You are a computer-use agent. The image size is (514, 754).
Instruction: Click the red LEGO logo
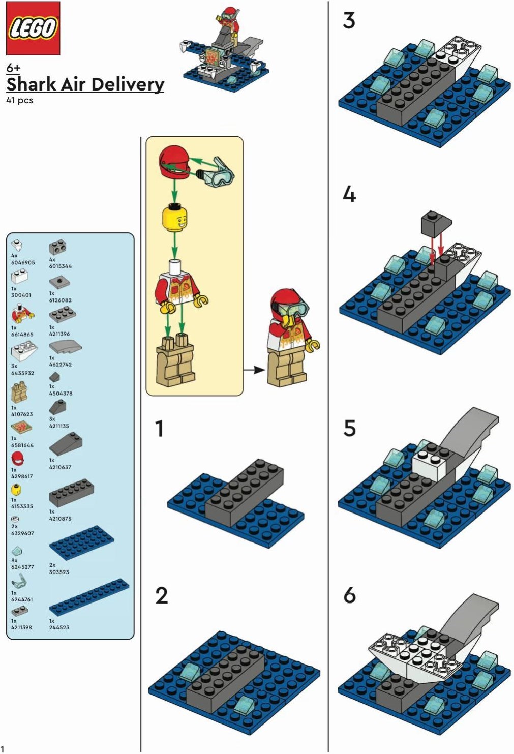click(x=33, y=28)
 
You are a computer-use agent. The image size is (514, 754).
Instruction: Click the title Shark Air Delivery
click(x=85, y=84)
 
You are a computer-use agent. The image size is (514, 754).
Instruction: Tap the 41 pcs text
click(x=19, y=100)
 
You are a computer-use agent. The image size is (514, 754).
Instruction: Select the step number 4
click(x=349, y=194)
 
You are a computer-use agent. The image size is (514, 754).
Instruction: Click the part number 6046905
click(x=23, y=262)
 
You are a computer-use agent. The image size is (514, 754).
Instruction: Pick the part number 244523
click(x=59, y=627)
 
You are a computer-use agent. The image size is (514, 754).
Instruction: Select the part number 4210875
click(x=61, y=519)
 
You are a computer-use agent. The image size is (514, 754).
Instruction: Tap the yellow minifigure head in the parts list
click(x=15, y=490)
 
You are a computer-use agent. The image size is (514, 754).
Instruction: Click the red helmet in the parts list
click(x=17, y=459)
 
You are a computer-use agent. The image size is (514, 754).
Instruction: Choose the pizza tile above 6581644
click(x=22, y=428)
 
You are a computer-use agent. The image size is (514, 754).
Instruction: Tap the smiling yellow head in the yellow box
click(x=174, y=220)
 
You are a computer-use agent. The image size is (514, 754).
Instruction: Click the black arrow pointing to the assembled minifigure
click(x=254, y=370)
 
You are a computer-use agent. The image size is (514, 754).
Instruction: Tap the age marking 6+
click(x=13, y=68)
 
